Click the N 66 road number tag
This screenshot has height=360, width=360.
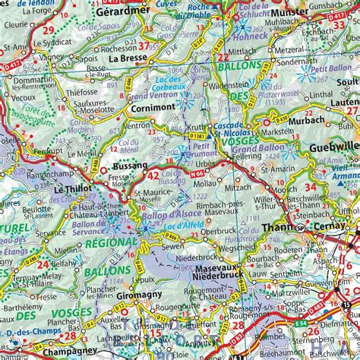pyautogui.click(x=199, y=174)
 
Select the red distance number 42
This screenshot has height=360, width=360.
pyautogui.click(x=153, y=176)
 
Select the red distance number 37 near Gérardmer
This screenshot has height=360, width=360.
pyautogui.click(x=155, y=46)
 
